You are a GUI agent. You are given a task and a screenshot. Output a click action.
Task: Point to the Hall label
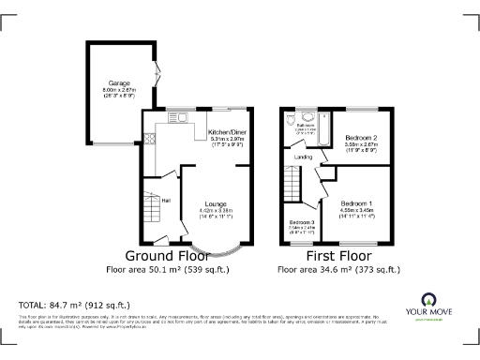pos(166,200)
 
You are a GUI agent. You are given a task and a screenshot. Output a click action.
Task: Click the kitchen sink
pos(178,117)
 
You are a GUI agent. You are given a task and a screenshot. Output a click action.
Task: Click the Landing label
pos(303,157)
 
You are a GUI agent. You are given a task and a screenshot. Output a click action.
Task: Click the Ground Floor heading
pos(167,255)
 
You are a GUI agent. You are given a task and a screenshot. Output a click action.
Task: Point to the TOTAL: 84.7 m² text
pos(74,305)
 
